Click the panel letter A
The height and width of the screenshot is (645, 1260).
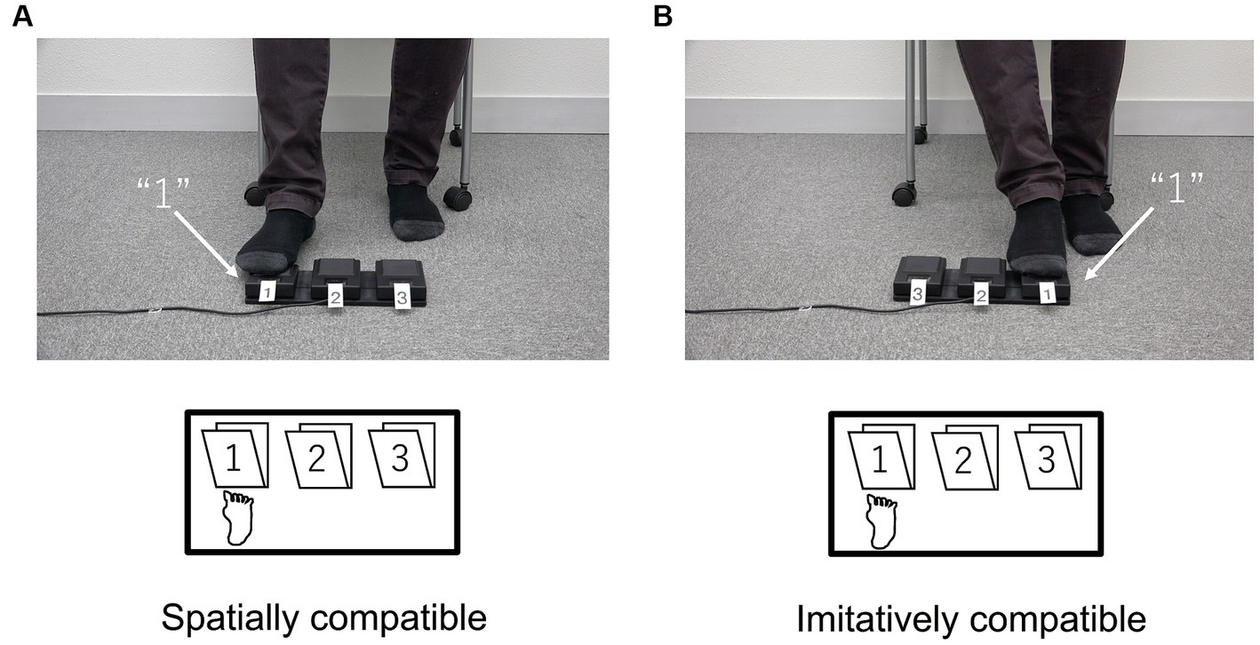pyautogui.click(x=22, y=16)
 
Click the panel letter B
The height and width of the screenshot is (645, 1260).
pyautogui.click(x=663, y=16)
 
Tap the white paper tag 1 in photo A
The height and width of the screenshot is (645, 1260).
pyautogui.click(x=267, y=292)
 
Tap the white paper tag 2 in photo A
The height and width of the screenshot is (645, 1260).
pyautogui.click(x=335, y=298)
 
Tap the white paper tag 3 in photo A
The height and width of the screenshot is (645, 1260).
pyautogui.click(x=401, y=298)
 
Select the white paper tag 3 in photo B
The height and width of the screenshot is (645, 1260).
pyautogui.click(x=917, y=294)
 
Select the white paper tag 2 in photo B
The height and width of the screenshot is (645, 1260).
pyautogui.click(x=981, y=296)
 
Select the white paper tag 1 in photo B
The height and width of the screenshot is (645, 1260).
pyautogui.click(x=1047, y=293)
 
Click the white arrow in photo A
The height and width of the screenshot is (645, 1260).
pyautogui.click(x=206, y=243)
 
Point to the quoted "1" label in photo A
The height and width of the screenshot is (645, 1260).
pyautogui.click(x=163, y=193)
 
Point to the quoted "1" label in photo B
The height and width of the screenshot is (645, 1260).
pyautogui.click(x=1176, y=188)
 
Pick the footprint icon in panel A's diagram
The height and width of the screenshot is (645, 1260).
pyautogui.click(x=238, y=517)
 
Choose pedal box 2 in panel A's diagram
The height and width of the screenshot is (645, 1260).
pyautogui.click(x=318, y=456)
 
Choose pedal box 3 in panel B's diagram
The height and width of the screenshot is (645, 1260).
pyautogui.click(x=1048, y=458)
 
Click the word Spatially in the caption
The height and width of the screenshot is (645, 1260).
pyautogui.click(x=230, y=619)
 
